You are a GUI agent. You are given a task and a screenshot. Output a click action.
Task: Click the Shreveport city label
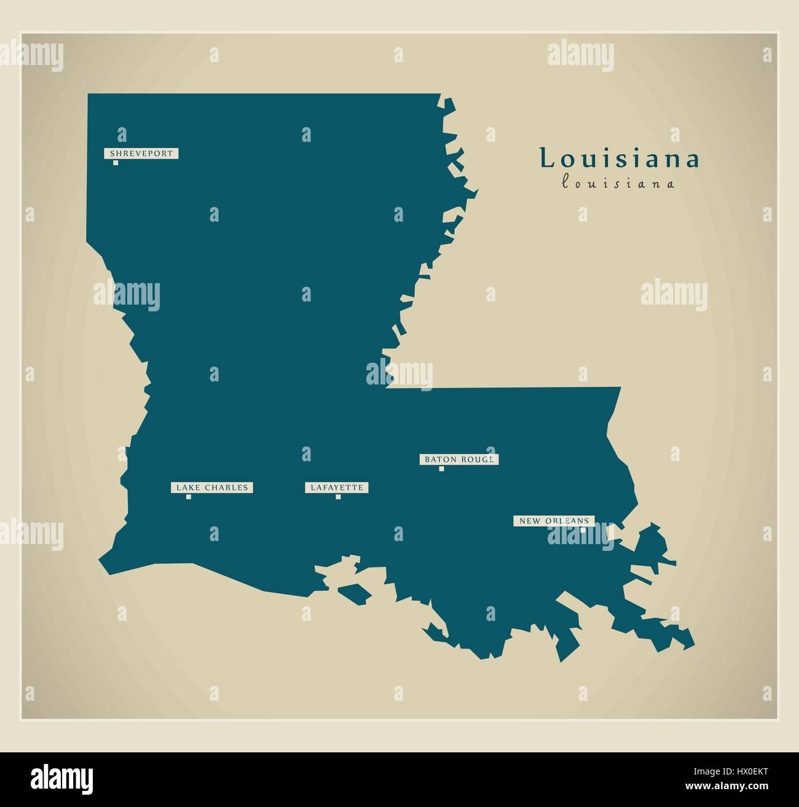coord(141,154)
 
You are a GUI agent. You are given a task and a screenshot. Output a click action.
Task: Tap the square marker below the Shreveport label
coord(116,163)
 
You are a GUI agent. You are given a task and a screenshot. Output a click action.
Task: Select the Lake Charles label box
coord(212,488)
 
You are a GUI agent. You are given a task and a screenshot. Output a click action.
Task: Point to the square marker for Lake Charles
coord(188,497)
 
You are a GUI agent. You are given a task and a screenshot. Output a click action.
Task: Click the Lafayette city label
coord(337,488)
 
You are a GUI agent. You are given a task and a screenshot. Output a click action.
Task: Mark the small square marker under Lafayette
coord(338,497)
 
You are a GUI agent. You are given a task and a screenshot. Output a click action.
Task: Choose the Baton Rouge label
coord(459,459)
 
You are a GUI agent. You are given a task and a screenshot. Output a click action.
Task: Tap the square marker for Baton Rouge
coord(441,469)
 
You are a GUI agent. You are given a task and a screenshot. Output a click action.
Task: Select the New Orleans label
coord(554,521)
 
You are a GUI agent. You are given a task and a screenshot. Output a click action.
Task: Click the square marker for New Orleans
coord(583,530)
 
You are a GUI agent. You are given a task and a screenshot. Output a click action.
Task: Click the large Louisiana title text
coord(620,159)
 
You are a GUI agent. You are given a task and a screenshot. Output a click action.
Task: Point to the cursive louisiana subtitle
coord(618,182)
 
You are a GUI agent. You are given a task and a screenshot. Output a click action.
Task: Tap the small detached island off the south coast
coord(355,593)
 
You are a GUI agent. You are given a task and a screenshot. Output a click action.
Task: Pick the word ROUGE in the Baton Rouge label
coord(479,459)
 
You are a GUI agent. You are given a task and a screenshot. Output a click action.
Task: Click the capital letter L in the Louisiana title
coord(546,159)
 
